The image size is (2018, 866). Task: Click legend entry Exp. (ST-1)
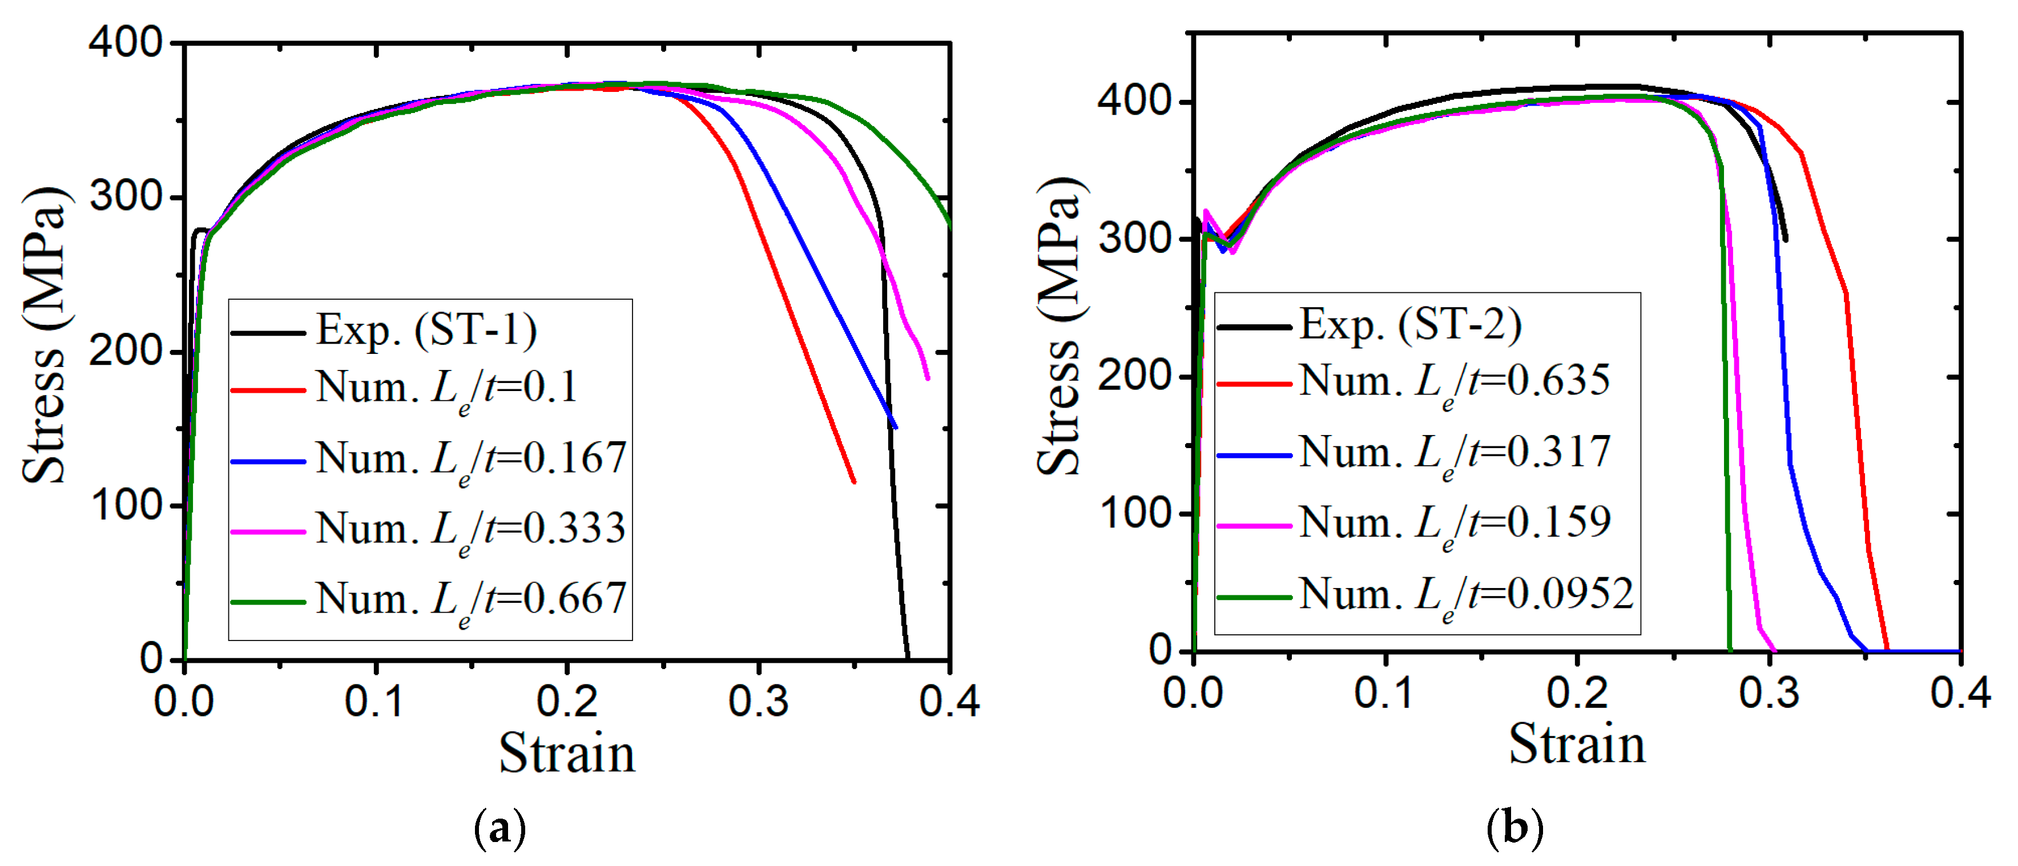(426, 330)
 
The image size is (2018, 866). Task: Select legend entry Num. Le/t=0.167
(470, 459)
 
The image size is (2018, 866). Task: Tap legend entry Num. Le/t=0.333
(470, 530)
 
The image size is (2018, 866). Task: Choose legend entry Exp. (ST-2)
(1410, 324)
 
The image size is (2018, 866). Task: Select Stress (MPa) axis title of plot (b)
(1061, 325)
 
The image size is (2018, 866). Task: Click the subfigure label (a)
(500, 828)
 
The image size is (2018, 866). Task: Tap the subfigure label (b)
(1514, 828)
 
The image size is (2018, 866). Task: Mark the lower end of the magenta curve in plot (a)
(928, 378)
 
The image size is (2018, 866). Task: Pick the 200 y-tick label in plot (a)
(126, 351)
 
